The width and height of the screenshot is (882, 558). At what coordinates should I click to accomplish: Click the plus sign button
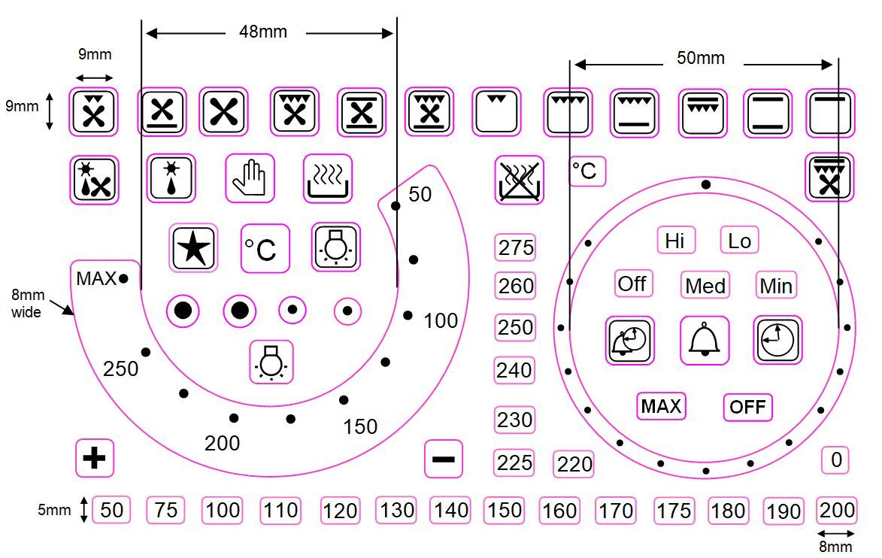(x=95, y=458)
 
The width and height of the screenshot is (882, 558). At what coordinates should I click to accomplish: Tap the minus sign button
(x=444, y=459)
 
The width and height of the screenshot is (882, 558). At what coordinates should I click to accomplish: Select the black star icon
(x=193, y=247)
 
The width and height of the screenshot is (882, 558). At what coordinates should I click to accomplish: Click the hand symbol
(x=250, y=178)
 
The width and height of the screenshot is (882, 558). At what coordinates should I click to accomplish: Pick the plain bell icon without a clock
(x=705, y=341)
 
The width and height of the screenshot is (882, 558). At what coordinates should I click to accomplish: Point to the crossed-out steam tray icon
(x=519, y=180)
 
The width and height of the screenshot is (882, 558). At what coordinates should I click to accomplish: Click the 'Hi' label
(x=675, y=241)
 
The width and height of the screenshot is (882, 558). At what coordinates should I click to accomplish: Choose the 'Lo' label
(x=739, y=241)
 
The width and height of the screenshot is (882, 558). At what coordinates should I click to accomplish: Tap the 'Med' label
(x=705, y=285)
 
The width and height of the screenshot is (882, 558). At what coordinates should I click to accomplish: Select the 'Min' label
(x=776, y=285)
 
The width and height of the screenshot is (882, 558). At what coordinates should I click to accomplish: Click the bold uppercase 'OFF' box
(x=747, y=407)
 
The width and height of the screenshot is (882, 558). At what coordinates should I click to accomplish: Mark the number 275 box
(x=515, y=247)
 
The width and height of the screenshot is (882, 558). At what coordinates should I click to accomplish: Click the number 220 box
(x=574, y=464)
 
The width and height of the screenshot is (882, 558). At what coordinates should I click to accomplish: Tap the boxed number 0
(x=836, y=460)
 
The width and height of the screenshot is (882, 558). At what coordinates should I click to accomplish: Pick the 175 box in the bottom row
(x=673, y=511)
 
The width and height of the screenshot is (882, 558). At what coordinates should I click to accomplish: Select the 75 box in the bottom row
(x=165, y=510)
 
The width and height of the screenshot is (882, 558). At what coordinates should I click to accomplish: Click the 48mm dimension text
(x=263, y=32)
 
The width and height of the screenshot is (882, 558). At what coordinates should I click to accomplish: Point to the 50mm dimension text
(x=700, y=57)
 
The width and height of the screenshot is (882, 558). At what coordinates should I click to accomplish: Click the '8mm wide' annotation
(x=27, y=303)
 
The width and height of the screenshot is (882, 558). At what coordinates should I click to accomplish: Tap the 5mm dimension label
(x=54, y=510)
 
